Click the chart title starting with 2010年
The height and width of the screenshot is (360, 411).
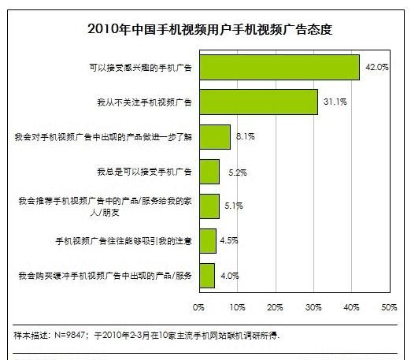click(205, 30)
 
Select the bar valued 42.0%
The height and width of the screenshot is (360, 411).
click(280, 68)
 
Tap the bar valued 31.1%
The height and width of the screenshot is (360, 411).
click(259, 102)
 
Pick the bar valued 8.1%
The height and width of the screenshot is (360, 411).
click(215, 137)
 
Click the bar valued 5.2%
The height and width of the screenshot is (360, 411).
click(209, 171)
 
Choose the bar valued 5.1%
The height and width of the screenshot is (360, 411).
click(209, 206)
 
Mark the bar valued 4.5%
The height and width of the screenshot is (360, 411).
click(208, 240)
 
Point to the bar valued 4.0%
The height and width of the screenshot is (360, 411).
click(207, 275)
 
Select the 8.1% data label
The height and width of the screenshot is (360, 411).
click(245, 137)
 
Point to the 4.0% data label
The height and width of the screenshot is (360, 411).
click(229, 275)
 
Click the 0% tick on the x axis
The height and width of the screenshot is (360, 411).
click(199, 305)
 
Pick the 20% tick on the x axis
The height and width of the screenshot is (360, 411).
click(275, 305)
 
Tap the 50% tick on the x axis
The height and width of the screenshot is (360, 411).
click(388, 305)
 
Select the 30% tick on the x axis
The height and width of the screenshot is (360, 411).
click(313, 305)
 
